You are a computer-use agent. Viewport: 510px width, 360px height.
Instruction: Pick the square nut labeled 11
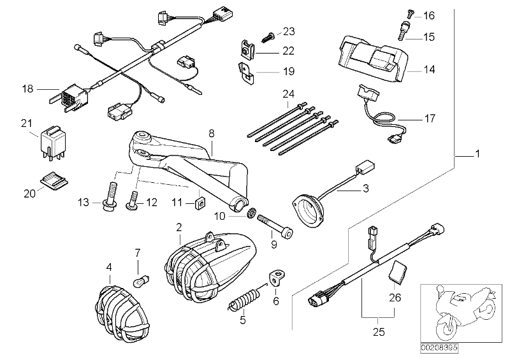pyautogui.click(x=198, y=203)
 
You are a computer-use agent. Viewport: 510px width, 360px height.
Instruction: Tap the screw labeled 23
pyautogui.click(x=269, y=30)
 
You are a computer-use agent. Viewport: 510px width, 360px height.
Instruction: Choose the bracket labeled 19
pyautogui.click(x=246, y=72)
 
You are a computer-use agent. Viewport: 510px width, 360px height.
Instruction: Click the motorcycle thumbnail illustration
pyautogui.click(x=456, y=314)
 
